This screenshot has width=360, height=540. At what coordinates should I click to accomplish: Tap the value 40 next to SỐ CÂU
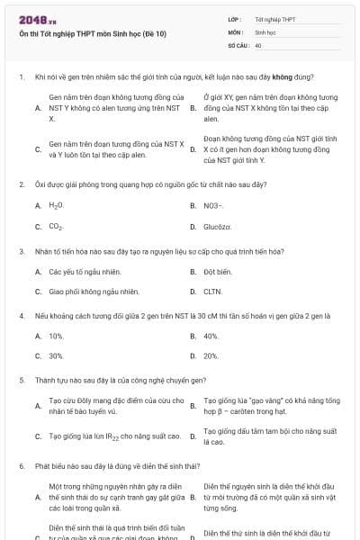pyautogui.click(x=258, y=44)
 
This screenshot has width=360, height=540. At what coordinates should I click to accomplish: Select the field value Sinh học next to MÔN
pyautogui.click(x=265, y=31)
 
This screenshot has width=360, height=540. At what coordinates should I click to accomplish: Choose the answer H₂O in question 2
pyautogui.click(x=56, y=205)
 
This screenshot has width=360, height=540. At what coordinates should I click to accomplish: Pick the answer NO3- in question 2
pyautogui.click(x=211, y=205)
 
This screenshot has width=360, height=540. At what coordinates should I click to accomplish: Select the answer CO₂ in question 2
pyautogui.click(x=56, y=227)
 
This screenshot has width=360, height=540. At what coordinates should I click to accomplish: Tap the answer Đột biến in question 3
pyautogui.click(x=217, y=270)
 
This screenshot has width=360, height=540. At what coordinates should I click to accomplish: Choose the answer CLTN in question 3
pyautogui.click(x=212, y=292)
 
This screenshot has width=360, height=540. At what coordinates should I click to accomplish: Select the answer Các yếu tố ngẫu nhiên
pyautogui.click(x=85, y=270)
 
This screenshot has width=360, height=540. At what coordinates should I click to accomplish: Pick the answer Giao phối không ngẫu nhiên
pyautogui.click(x=94, y=292)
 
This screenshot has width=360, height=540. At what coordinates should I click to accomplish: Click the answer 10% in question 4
pyautogui.click(x=56, y=335)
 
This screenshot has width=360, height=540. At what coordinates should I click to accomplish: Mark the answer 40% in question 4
pyautogui.click(x=211, y=335)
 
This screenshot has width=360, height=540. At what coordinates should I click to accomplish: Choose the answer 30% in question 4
pyautogui.click(x=56, y=356)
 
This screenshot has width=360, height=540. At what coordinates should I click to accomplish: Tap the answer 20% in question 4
pyautogui.click(x=211, y=356)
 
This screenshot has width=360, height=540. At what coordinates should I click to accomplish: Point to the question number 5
pyautogui.click(x=21, y=381)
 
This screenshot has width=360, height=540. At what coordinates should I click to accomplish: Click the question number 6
pyautogui.click(x=21, y=467)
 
